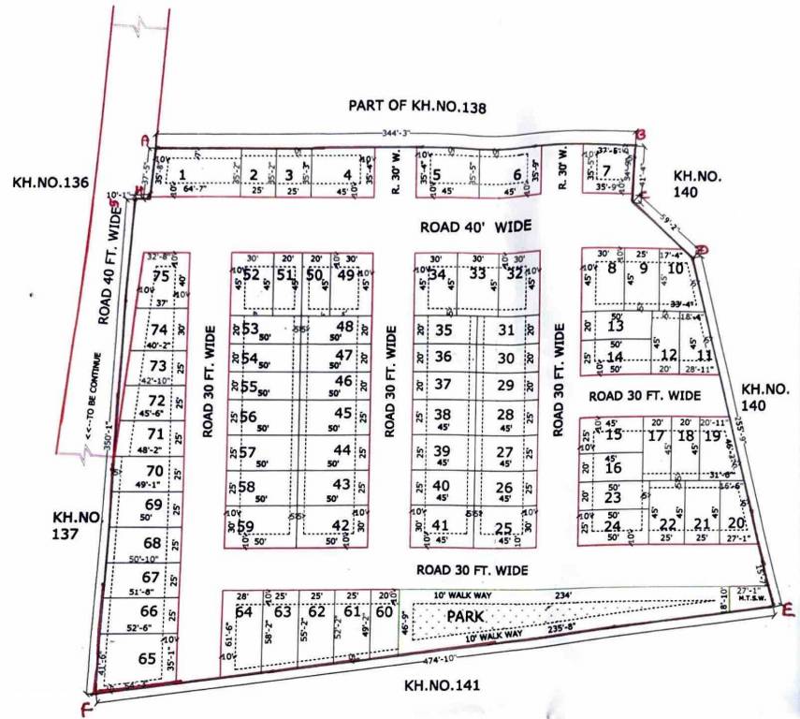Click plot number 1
pos(182,173)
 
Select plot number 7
pos(607,170)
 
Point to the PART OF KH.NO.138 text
pos(417,107)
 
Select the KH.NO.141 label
pos(443,685)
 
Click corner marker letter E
pos(787,610)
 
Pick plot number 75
pos(162,276)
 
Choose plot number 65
pos(147,659)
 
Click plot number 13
pos(615,327)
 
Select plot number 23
pos(613,497)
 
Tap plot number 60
pos(384,613)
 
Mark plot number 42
pos(342,525)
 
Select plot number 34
pos(437,274)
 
